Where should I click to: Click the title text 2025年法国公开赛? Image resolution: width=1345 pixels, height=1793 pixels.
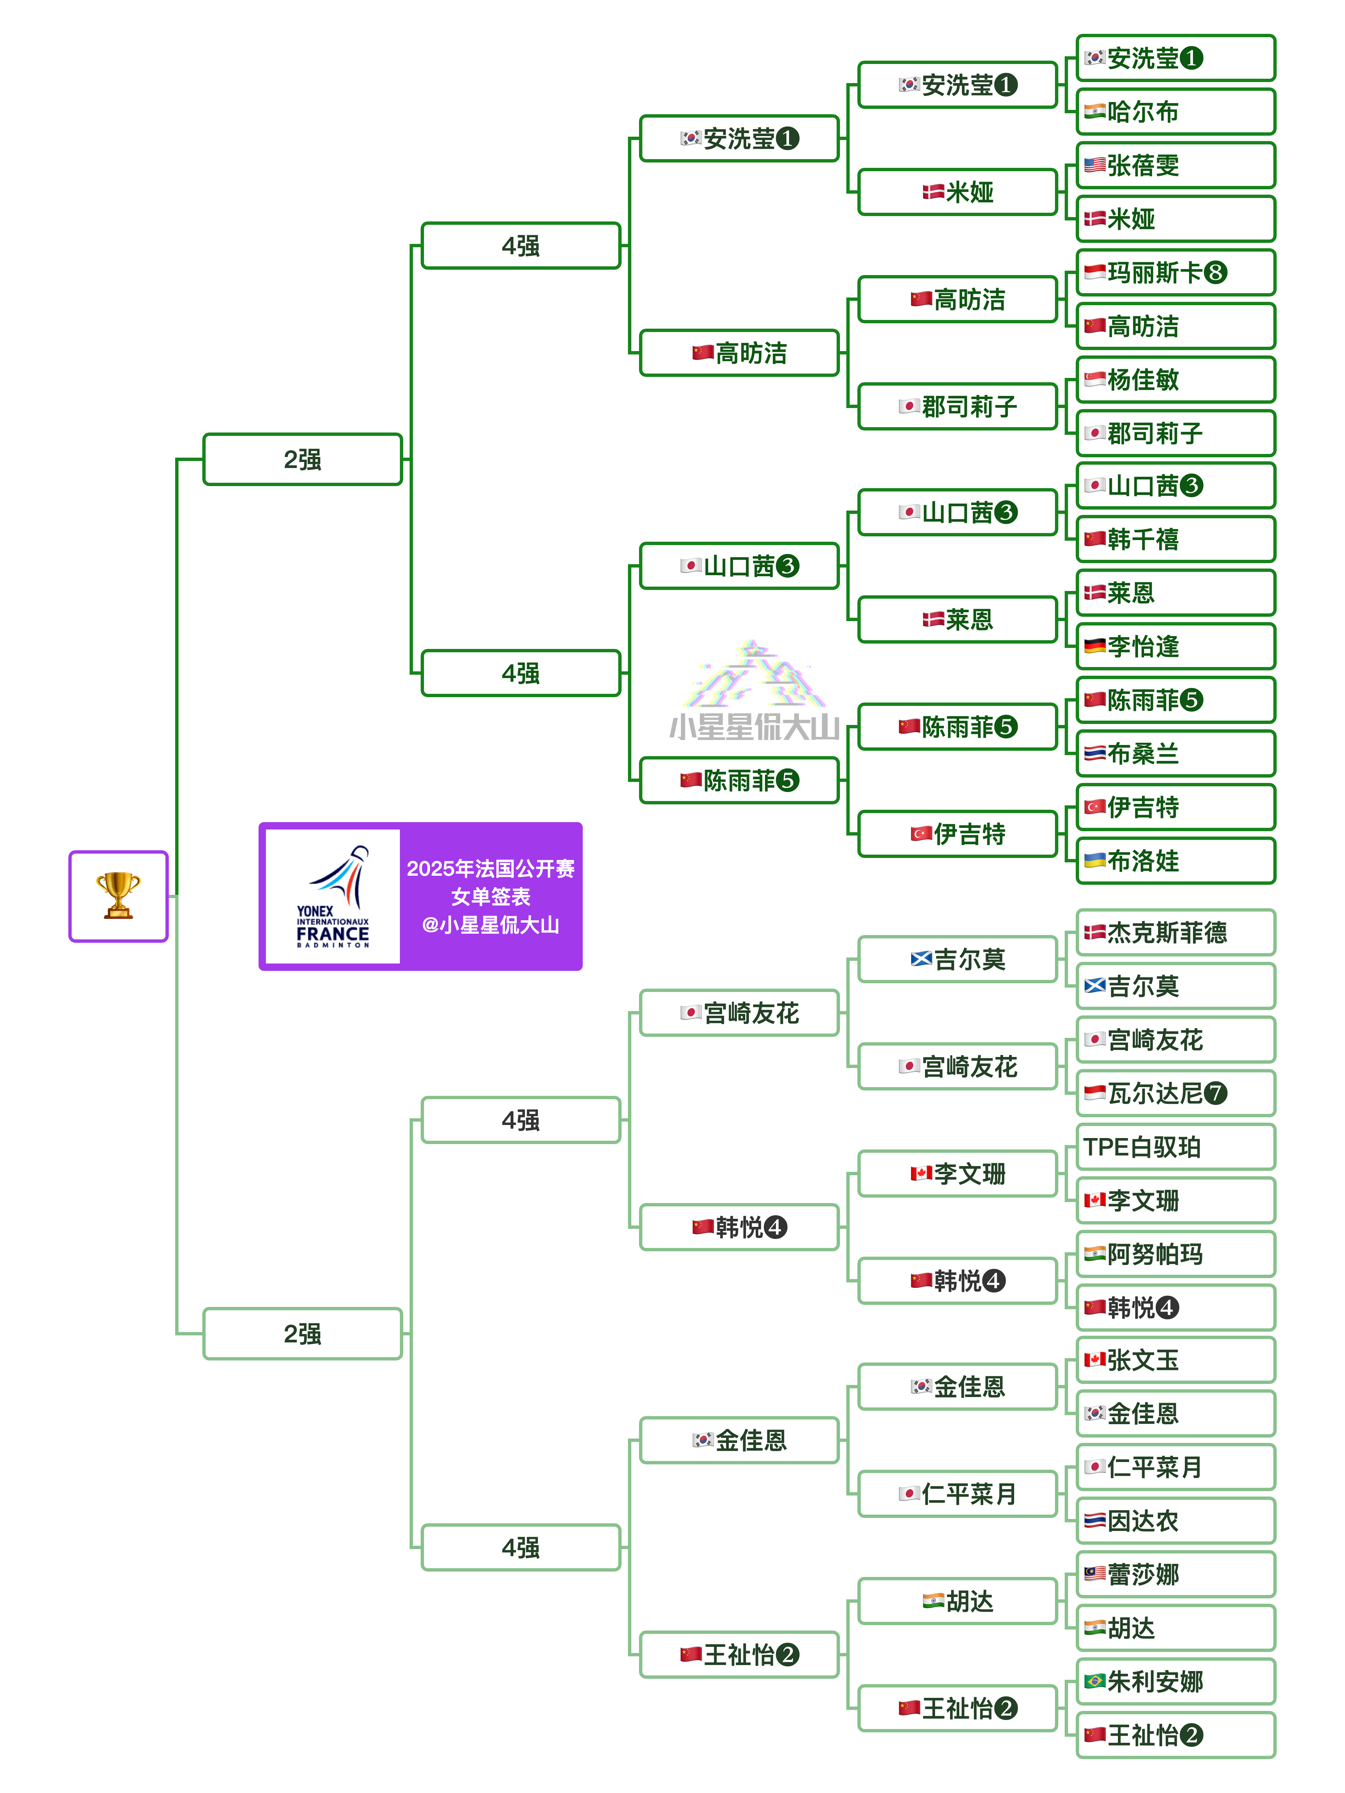coord(490,868)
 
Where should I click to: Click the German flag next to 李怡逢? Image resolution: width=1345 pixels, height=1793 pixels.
coord(1094,646)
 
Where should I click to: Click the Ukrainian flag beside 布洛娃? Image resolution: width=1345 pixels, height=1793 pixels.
coord(1094,860)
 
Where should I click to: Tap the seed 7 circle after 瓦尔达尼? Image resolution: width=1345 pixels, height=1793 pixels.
coord(1214,1093)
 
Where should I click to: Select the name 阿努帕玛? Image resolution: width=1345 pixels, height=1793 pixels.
coord(1154,1254)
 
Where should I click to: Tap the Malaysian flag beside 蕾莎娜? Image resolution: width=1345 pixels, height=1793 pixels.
coord(1094,1574)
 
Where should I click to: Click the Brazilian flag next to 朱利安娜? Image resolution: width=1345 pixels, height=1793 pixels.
coord(1094,1681)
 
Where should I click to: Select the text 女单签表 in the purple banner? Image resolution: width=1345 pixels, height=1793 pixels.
coord(490,896)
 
